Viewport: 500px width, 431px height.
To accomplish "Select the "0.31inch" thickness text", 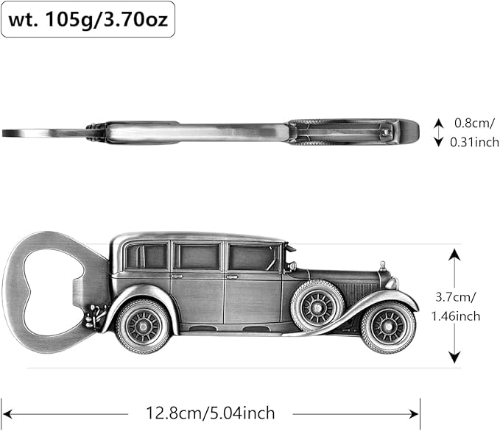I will click(x=474, y=142).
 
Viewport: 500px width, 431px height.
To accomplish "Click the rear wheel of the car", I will click(x=144, y=325).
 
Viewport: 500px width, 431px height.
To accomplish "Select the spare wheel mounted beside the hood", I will click(x=317, y=304).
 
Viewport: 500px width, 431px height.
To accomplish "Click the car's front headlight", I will click(x=391, y=282).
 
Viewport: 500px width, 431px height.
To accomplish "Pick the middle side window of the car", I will click(x=197, y=257).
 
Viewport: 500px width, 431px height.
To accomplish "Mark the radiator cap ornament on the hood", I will click(x=382, y=265).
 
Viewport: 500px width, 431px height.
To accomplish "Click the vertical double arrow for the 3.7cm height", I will click(x=455, y=305).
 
